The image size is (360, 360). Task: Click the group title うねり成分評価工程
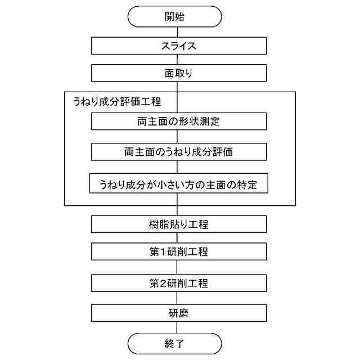(x=117, y=102)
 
